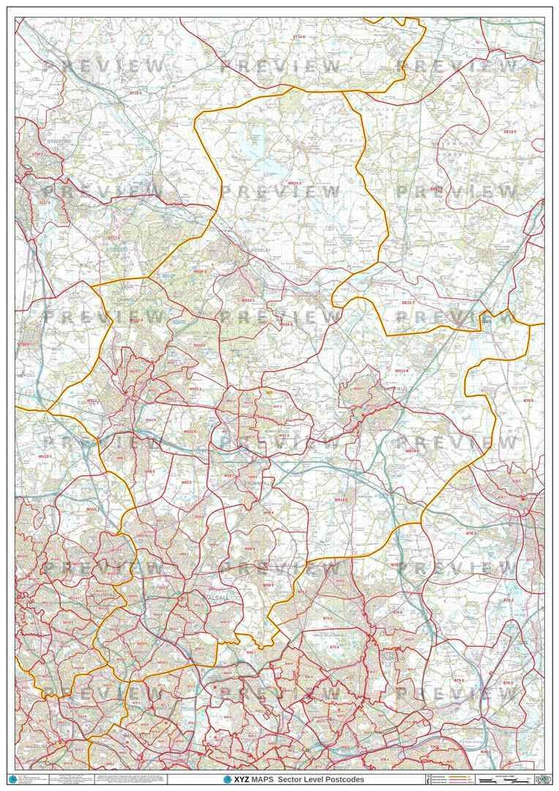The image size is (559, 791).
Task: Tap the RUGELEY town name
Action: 260,250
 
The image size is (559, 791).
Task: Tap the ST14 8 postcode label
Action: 299,35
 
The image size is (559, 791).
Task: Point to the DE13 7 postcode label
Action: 408,302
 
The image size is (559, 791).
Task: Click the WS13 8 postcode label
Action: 402,371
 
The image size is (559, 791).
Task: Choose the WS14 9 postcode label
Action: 410,451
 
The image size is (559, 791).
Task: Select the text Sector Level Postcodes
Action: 321,779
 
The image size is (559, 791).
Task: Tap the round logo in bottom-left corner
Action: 11,778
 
